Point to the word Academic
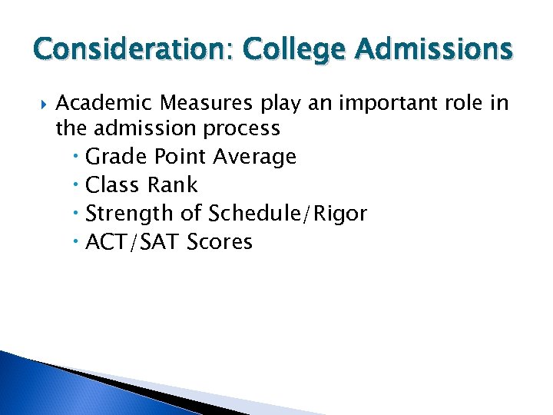[x=98, y=103]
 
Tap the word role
[x=460, y=103]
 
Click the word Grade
[x=117, y=157]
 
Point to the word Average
[x=255, y=157]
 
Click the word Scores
[x=220, y=242]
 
